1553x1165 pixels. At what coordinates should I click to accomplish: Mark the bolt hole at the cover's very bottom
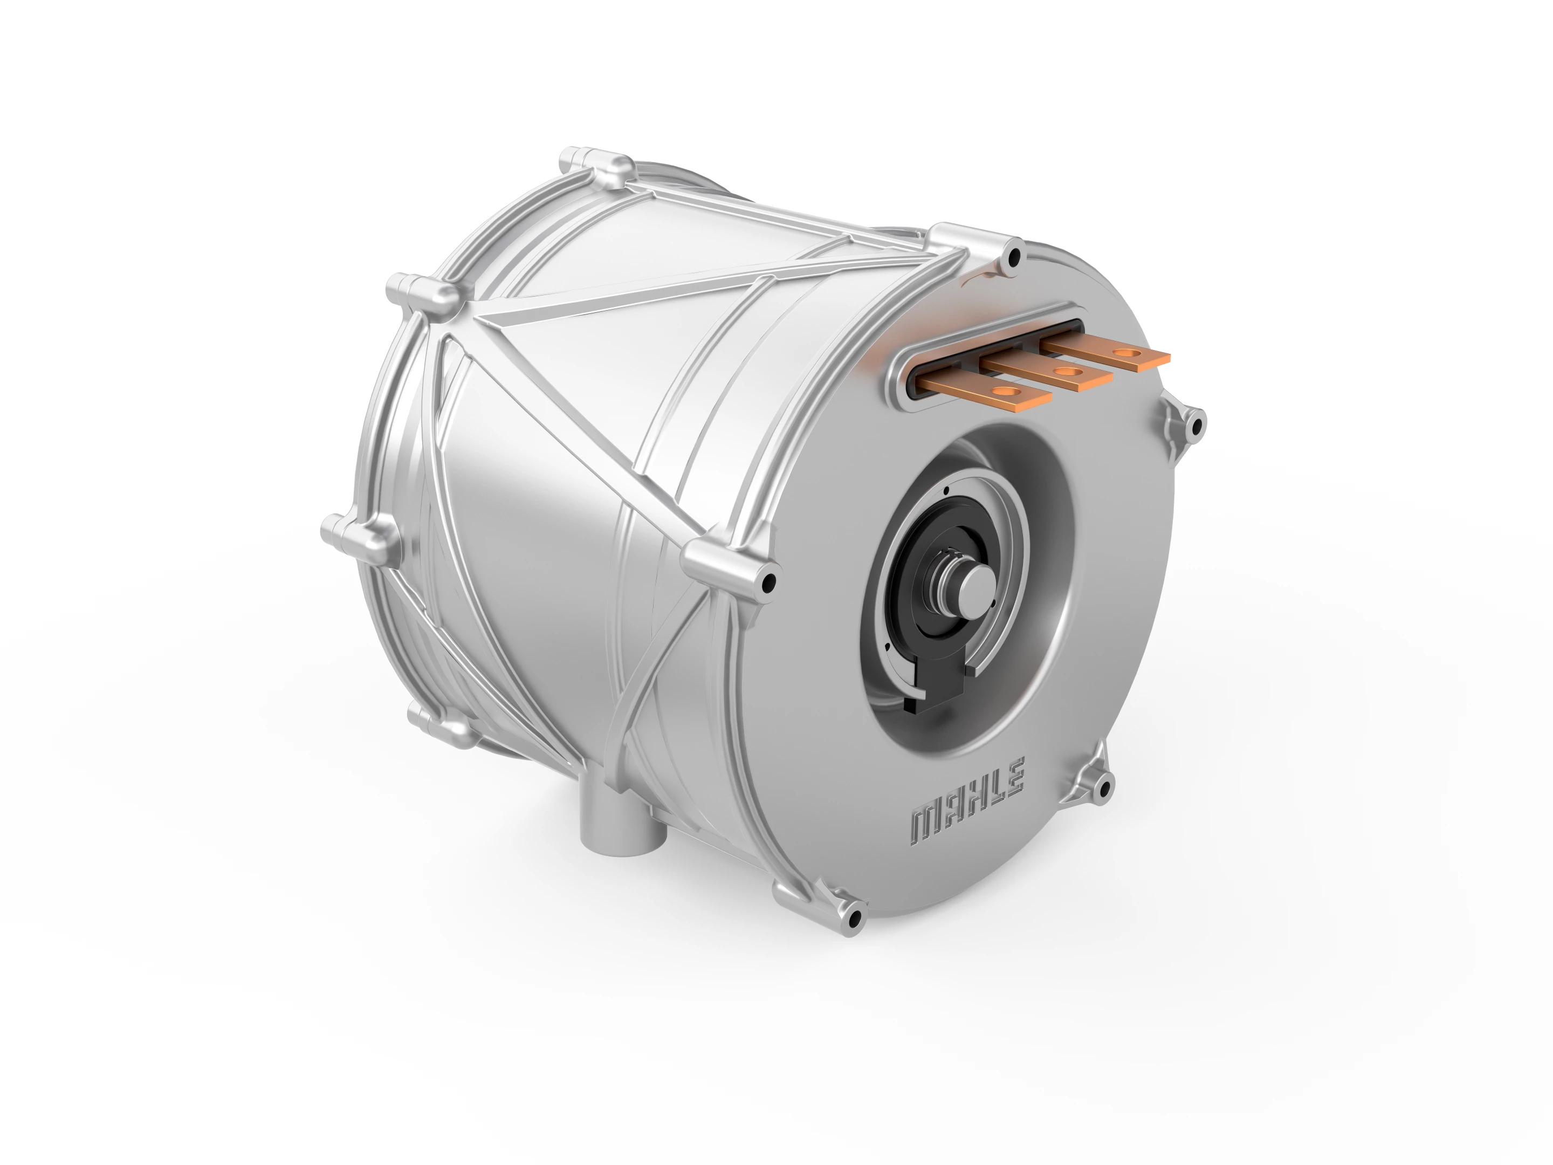[x=855, y=918]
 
